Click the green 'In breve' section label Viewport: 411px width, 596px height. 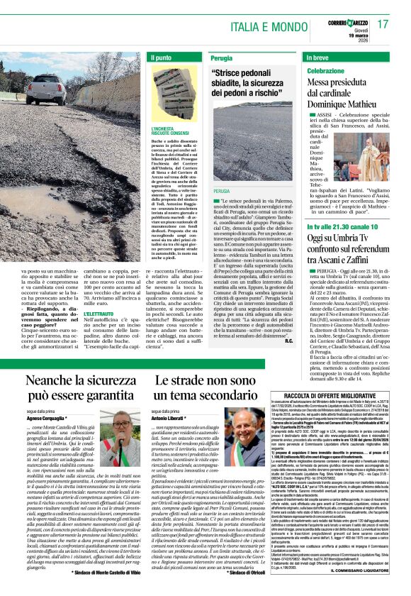[x=317, y=57]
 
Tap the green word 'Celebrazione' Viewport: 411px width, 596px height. [x=325, y=72]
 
